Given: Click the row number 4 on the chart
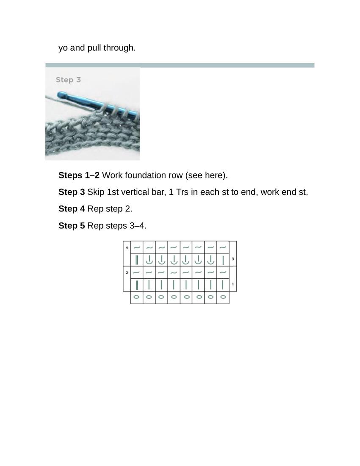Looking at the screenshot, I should [127, 247].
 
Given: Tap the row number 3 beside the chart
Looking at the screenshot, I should [233, 259].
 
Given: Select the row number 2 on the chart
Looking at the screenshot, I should [127, 272].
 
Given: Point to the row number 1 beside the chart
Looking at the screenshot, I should [233, 284].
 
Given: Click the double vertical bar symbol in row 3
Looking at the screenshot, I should [137, 260].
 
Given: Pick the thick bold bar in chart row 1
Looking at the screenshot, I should [137, 285].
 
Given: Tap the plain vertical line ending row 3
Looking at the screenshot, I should [223, 260].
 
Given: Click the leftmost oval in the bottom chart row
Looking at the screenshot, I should [136, 297].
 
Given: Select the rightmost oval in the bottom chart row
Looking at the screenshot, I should [223, 297].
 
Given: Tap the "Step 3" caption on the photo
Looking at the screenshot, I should [68, 80].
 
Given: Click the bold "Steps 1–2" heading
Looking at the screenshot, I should [79, 175].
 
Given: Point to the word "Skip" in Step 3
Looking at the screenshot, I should [96, 192].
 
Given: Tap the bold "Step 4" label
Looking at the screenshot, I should [72, 208].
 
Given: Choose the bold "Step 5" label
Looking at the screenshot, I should [72, 225].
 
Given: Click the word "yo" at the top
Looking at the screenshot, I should [63, 48].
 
